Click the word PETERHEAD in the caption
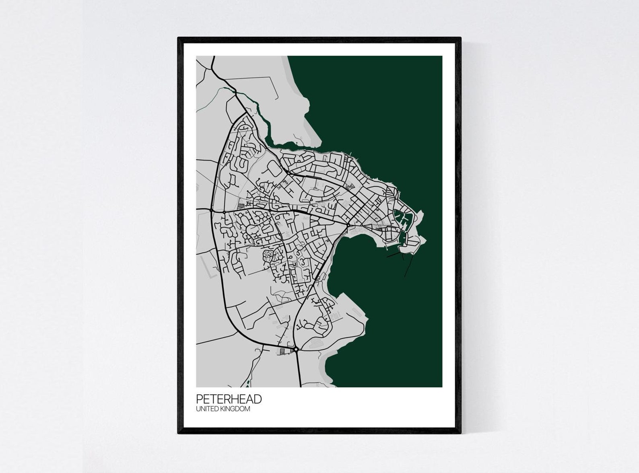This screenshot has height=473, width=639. tap(229, 399)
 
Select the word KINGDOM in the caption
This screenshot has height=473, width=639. tap(236, 409)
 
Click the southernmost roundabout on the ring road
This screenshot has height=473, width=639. tap(296, 350)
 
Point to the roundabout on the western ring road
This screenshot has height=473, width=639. tap(211, 210)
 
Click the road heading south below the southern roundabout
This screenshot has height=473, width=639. tap(299, 370)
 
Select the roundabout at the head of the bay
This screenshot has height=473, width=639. tap(348, 224)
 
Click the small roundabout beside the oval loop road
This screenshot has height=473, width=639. tap(288, 173)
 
